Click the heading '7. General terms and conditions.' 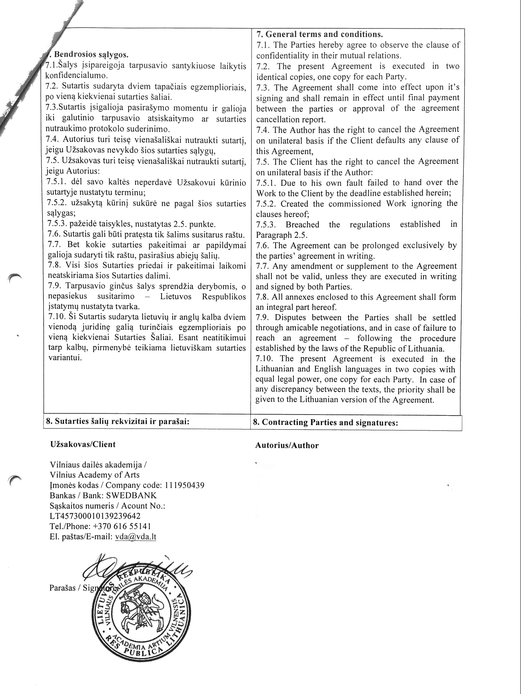(x=319, y=34)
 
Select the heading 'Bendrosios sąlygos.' (x=91, y=55)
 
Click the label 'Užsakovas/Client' (x=83, y=444)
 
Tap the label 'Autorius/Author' (x=287, y=446)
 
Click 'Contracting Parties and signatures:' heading (x=330, y=422)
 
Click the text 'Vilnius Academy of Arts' (x=95, y=475)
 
